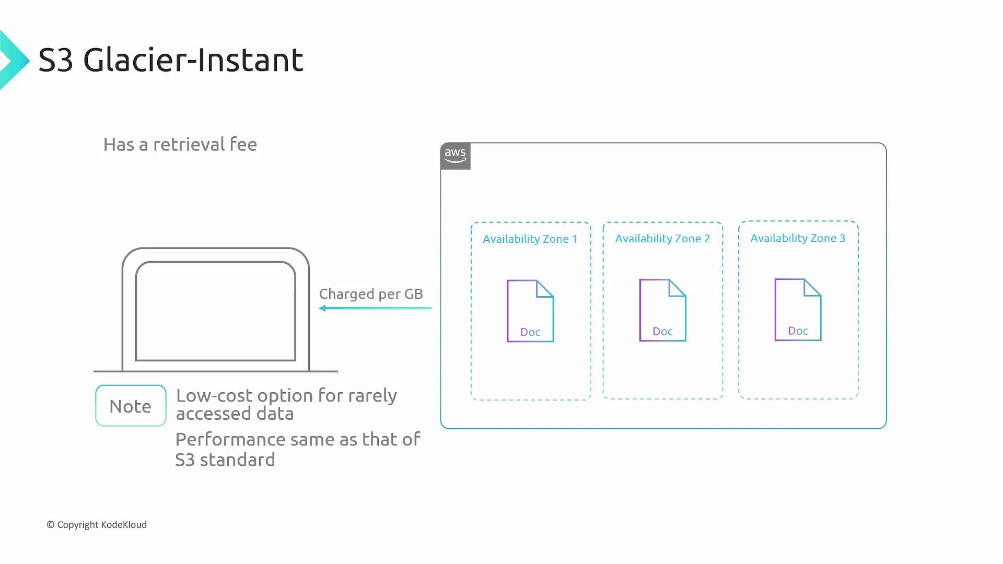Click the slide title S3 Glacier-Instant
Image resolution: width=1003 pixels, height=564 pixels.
coord(171,60)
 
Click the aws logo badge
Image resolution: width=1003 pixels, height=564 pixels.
coord(456,156)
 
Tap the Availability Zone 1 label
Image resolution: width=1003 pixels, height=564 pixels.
coord(530,239)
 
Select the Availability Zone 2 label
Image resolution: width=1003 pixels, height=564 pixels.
coord(662,239)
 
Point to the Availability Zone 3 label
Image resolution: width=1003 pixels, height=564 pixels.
coord(798,238)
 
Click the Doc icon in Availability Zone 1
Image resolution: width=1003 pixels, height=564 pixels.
coord(530,311)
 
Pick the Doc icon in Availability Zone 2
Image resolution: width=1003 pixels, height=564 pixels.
coord(662,310)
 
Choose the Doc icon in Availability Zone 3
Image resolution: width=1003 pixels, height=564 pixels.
coord(798,310)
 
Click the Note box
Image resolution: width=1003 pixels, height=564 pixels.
coord(131,406)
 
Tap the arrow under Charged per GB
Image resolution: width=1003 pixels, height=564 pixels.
coord(375,308)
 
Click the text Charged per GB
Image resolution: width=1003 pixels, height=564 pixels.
coord(371,294)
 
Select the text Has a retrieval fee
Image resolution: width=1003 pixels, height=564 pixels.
coord(180,144)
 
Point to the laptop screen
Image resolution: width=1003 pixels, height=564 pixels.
coord(216,311)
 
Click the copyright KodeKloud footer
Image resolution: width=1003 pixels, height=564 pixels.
coord(97,524)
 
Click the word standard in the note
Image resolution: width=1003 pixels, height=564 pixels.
coord(238,460)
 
